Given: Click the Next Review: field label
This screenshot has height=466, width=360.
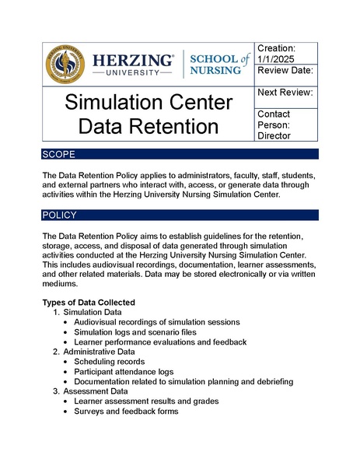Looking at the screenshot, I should point(285,93).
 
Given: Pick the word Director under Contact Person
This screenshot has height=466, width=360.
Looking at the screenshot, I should point(274,135).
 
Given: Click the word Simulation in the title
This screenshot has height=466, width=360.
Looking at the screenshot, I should point(148,102).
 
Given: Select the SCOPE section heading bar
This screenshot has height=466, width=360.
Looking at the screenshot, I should point(180,155).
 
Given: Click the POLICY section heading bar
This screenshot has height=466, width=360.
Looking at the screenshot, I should point(180,215).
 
